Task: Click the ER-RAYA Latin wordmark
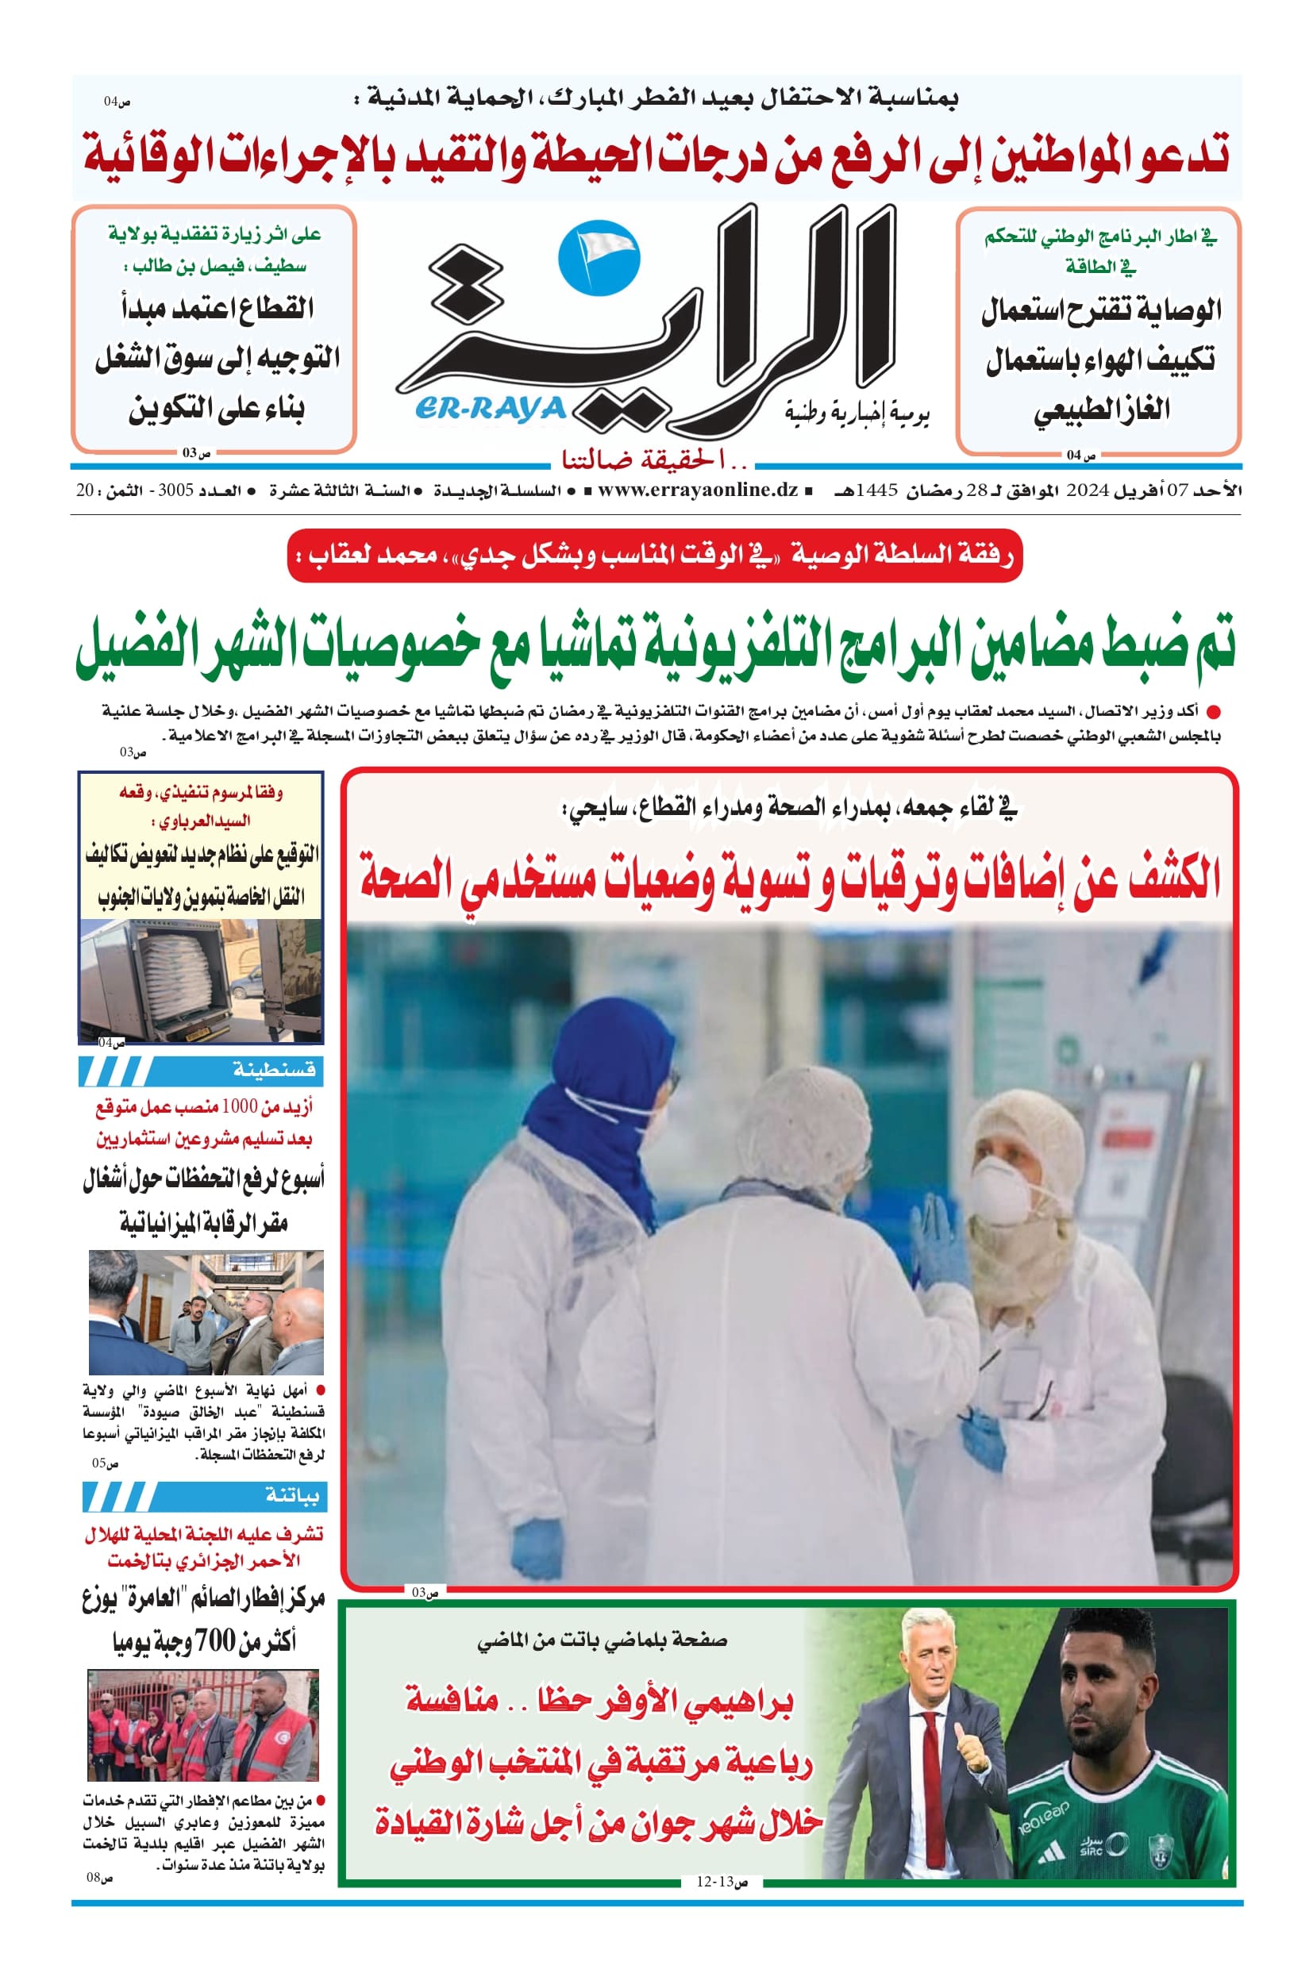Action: [491, 409]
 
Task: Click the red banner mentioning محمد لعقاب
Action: [655, 555]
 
